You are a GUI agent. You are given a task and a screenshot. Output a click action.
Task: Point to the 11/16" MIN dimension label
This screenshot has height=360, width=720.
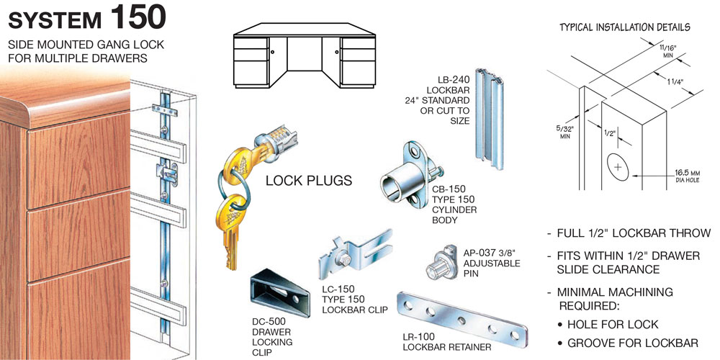pos(668,50)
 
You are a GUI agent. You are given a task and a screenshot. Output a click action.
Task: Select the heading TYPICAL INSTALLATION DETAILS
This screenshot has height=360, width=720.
pos(625,27)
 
